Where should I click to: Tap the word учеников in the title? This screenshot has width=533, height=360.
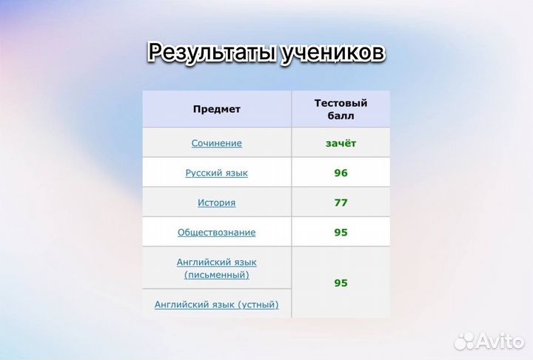pyautogui.click(x=333, y=53)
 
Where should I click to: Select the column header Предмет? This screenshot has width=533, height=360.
pyautogui.click(x=216, y=109)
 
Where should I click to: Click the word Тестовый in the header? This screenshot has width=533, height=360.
pyautogui.click(x=341, y=103)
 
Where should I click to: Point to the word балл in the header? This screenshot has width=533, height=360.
pyautogui.click(x=341, y=116)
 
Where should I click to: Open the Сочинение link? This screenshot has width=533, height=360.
pyautogui.click(x=216, y=143)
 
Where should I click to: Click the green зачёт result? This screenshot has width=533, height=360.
pyautogui.click(x=341, y=143)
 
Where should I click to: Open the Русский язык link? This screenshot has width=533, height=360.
pyautogui.click(x=216, y=173)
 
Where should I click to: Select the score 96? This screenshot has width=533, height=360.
pyautogui.click(x=341, y=173)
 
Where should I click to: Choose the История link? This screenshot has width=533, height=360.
pyautogui.click(x=216, y=202)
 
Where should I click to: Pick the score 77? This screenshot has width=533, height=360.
pyautogui.click(x=341, y=202)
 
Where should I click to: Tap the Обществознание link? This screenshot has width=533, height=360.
pyautogui.click(x=216, y=232)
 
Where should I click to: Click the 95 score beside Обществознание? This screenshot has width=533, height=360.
pyautogui.click(x=341, y=232)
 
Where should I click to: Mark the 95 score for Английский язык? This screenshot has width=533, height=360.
pyautogui.click(x=341, y=283)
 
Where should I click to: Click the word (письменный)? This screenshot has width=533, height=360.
pyautogui.click(x=216, y=275)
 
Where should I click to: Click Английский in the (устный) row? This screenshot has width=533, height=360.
pyautogui.click(x=178, y=304)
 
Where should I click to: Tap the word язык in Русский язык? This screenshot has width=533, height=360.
pyautogui.click(x=235, y=173)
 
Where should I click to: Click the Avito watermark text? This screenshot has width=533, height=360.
pyautogui.click(x=499, y=340)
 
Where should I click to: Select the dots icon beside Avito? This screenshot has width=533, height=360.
pyautogui.click(x=464, y=340)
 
